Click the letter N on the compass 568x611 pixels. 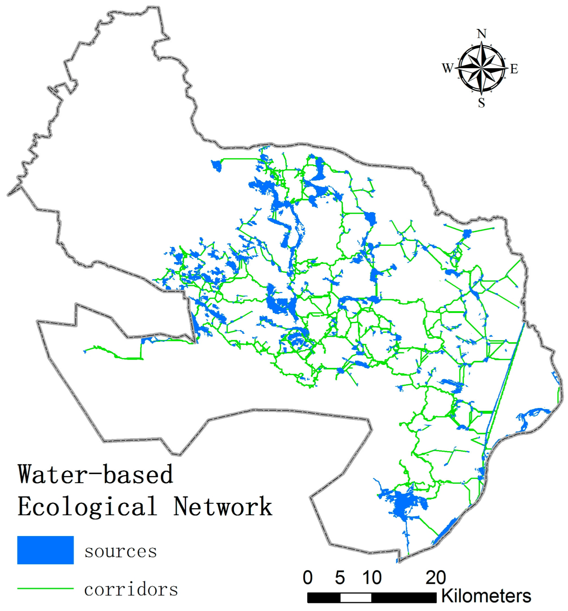point(481,34)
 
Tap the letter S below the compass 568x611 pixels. point(481,103)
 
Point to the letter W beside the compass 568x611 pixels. point(448,68)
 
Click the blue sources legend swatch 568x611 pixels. point(45,550)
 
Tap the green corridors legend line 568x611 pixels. point(45,588)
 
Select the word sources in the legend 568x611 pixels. point(120,551)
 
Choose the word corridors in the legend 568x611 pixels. point(131,589)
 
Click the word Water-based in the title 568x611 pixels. point(95,474)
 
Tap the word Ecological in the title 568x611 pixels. point(87,506)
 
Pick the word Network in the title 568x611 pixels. point(223,506)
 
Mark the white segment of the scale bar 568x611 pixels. point(356,598)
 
